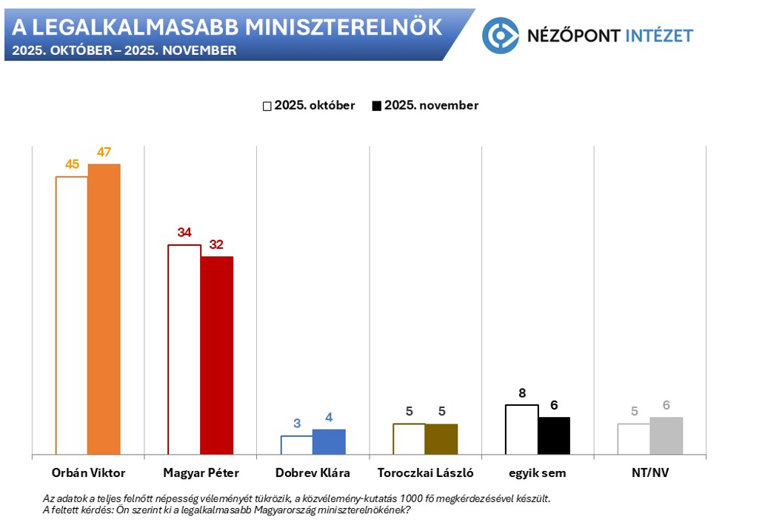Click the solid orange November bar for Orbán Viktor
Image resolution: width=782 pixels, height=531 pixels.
104,309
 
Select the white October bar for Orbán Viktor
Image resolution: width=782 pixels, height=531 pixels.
72,315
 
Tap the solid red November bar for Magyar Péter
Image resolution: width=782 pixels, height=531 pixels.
216,355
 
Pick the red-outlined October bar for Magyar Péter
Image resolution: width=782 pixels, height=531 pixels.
184,349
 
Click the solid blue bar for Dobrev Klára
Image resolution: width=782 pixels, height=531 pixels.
329,441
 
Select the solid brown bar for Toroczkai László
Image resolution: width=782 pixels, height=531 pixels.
441,438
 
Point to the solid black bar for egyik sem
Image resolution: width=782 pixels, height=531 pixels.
554,435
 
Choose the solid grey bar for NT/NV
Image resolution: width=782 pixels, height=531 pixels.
666,435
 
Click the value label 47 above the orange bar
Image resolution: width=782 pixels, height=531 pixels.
104,153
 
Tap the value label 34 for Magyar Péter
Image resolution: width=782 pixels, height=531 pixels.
184,233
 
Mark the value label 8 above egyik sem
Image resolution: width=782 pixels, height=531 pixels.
522,393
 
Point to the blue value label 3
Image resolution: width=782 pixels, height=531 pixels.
297,424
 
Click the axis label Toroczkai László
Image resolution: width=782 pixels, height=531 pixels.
425,472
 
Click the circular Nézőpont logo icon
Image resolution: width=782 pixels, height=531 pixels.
500,35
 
